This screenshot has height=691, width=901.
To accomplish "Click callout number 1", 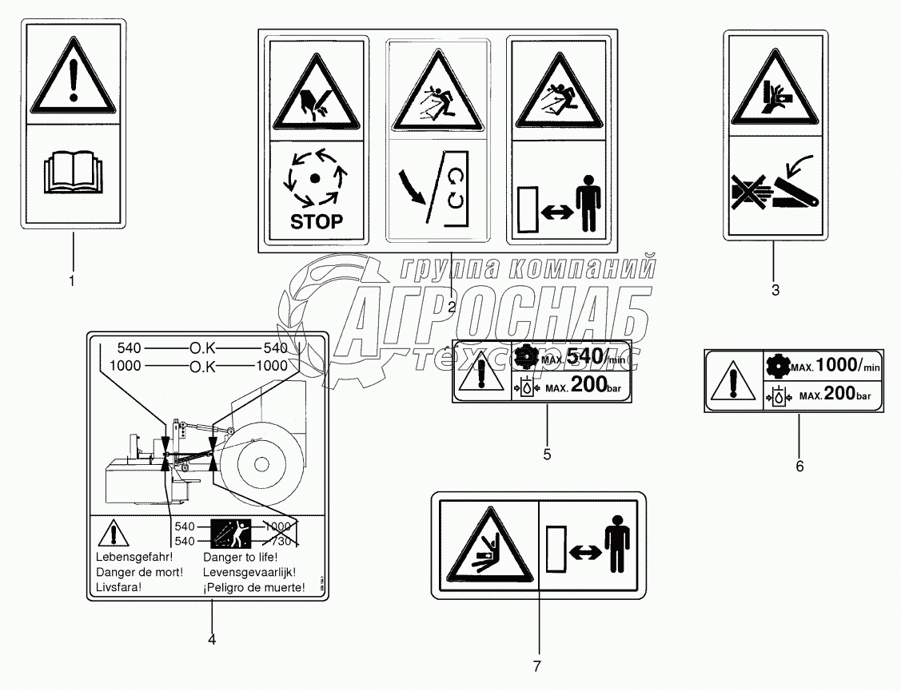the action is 72,280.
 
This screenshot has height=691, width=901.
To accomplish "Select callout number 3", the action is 775,290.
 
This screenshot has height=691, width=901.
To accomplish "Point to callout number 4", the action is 211,638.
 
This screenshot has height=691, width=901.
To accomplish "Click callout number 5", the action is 547,455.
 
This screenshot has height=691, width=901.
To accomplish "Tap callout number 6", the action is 799,465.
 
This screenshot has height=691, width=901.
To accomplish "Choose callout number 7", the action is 538,665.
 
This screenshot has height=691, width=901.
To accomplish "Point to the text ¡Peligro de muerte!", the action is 254,588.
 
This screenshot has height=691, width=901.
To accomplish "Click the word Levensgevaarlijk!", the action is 250,572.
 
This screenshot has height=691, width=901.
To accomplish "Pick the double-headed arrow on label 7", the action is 581,550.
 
